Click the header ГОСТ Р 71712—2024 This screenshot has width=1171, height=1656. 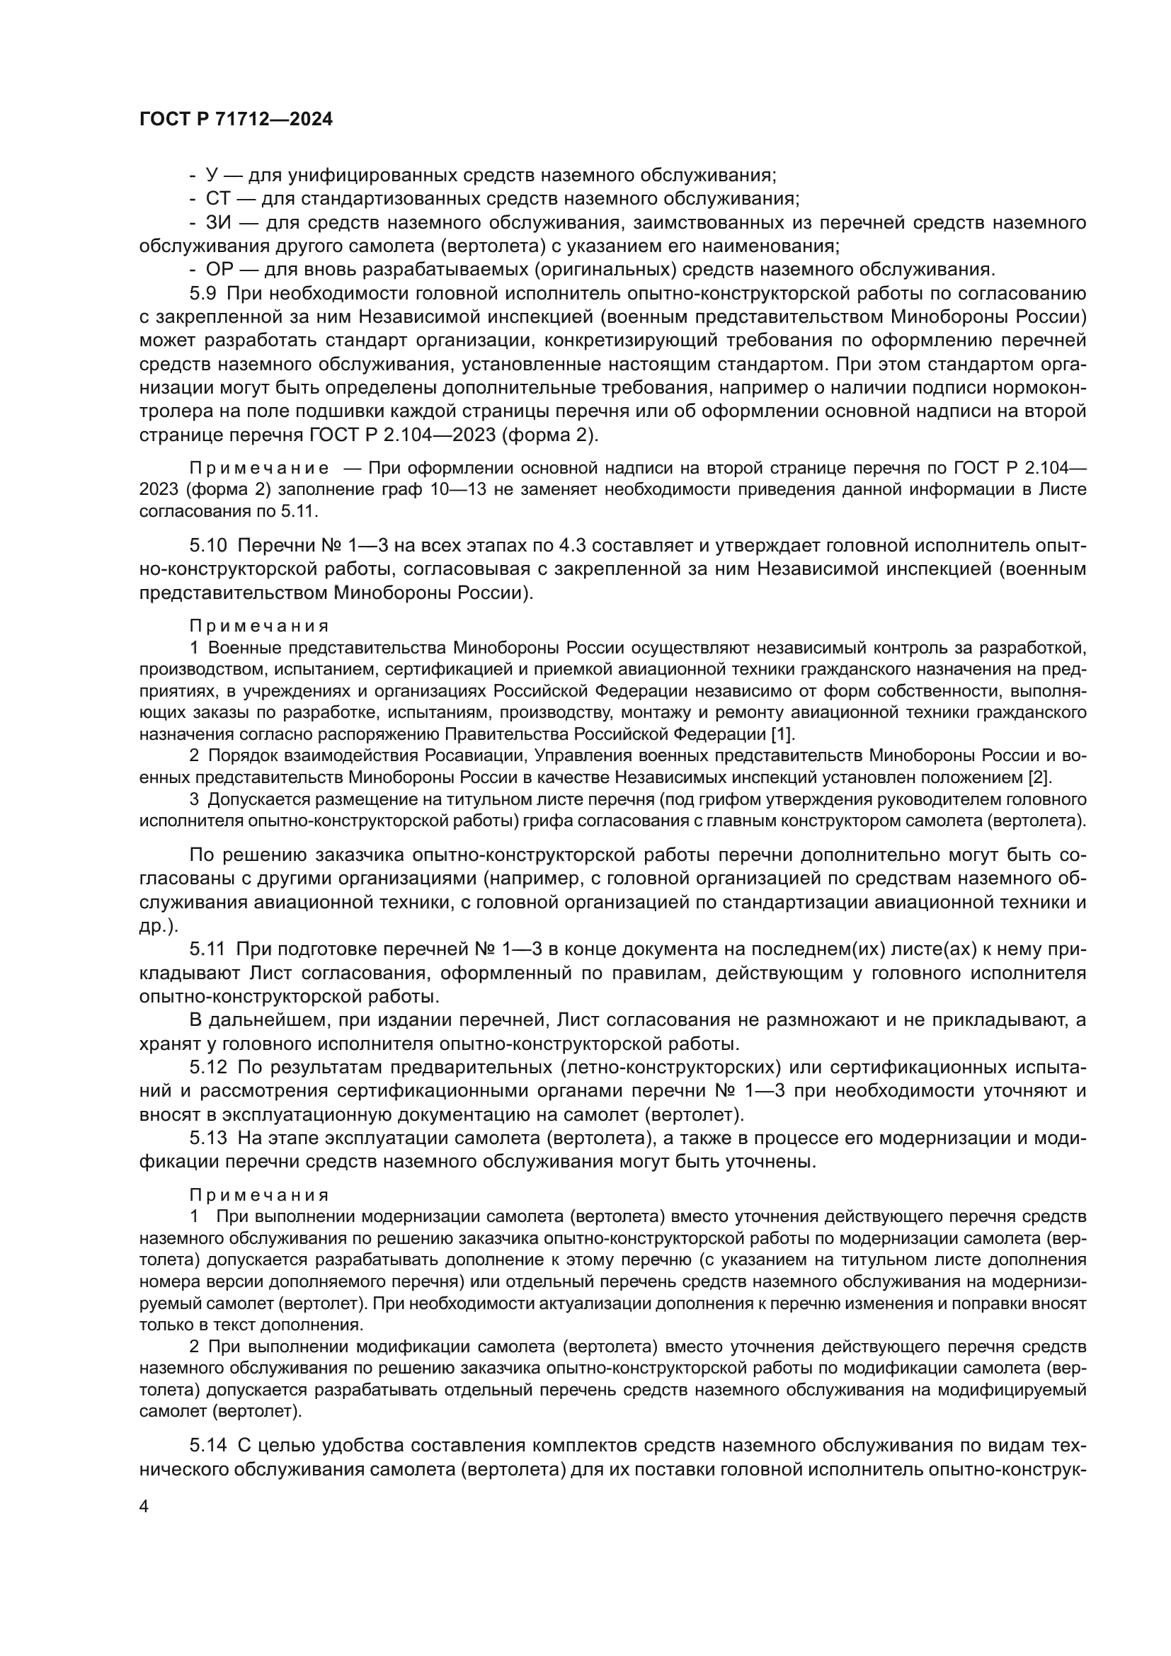(x=236, y=120)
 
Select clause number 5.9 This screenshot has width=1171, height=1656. (x=204, y=294)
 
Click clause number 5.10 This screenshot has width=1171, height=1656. (x=209, y=545)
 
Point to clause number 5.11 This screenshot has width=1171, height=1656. (x=208, y=950)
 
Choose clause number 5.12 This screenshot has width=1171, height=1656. (x=209, y=1067)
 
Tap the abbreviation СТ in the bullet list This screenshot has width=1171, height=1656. (x=218, y=198)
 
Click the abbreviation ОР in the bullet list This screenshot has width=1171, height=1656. (x=219, y=270)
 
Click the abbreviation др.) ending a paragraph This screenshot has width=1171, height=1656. (x=158, y=926)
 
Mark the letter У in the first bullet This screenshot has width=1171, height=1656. (x=211, y=176)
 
